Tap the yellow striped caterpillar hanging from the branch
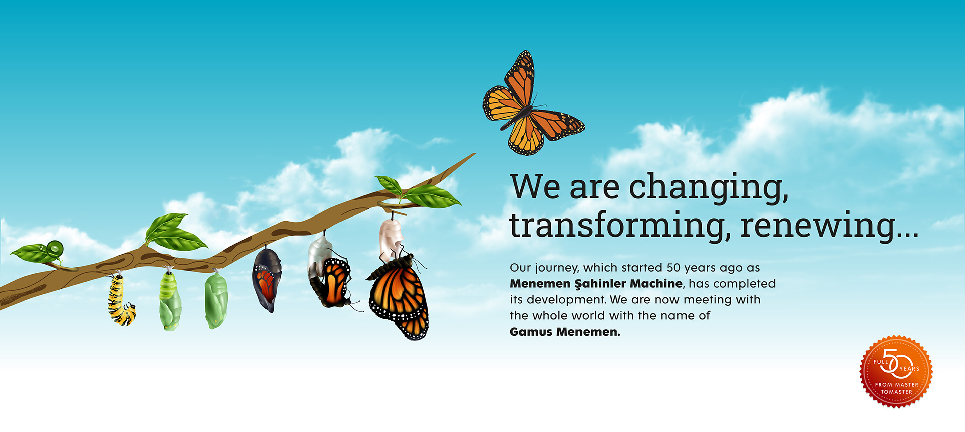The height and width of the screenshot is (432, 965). (x=120, y=300)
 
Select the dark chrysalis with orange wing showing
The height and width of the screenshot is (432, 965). (x=266, y=279)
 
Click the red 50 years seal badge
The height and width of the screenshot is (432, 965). (x=897, y=371)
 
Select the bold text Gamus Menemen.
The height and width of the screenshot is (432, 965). (x=565, y=332)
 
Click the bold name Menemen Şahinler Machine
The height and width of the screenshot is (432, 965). (x=597, y=284)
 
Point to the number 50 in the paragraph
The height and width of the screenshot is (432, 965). (x=674, y=268)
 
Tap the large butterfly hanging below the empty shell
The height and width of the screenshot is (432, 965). (x=398, y=296)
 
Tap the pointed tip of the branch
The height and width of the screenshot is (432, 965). (x=475, y=153)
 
